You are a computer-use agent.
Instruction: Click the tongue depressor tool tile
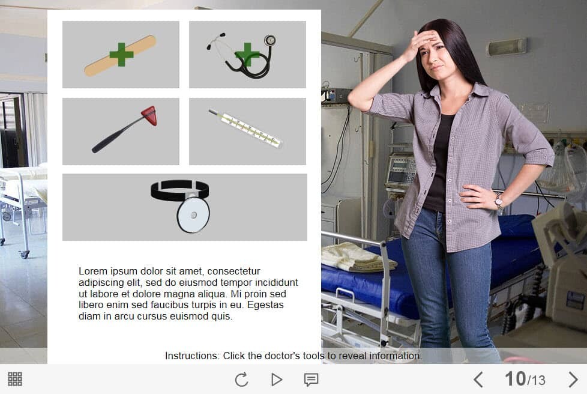point(121,55)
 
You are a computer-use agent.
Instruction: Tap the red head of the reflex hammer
point(149,115)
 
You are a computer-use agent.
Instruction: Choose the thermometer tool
point(245,129)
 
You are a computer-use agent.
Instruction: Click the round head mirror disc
point(193,214)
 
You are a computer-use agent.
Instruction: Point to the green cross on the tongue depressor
point(121,54)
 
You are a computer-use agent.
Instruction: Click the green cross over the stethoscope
point(247,55)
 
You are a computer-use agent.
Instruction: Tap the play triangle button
point(276,380)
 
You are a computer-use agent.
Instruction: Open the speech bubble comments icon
point(311,380)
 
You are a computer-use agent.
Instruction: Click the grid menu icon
point(15,379)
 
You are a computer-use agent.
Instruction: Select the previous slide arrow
point(478,380)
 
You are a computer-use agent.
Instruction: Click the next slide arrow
point(573,380)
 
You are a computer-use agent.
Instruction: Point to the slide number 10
point(515,378)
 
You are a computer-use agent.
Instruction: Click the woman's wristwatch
point(499,201)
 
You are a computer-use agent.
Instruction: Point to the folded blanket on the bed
point(358,257)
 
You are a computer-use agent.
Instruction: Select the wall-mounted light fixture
point(507,47)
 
